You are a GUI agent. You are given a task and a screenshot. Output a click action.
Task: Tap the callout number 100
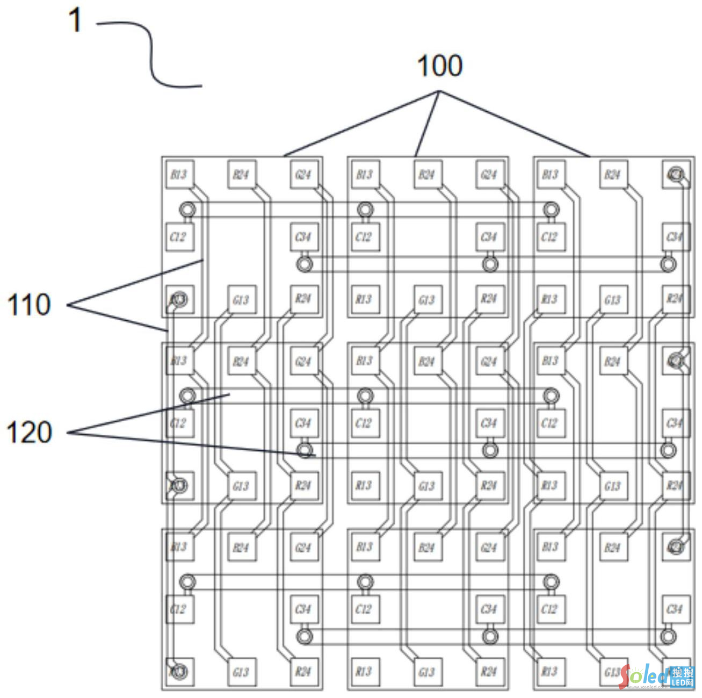tap(439, 66)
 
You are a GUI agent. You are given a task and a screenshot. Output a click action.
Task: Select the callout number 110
tap(29, 305)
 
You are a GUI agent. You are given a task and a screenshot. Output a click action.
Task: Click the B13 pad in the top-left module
tap(179, 174)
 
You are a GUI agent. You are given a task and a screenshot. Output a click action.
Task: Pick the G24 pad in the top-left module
tap(303, 174)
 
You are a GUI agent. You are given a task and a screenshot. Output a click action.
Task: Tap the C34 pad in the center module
tap(489, 423)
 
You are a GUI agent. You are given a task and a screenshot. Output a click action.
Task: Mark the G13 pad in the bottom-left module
tap(241, 672)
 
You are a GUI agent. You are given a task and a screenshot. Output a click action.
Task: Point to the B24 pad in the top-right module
tap(613, 174)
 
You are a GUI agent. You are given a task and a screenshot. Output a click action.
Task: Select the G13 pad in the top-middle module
tap(427, 299)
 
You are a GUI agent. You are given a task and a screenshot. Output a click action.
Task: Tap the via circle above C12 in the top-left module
tap(187, 209)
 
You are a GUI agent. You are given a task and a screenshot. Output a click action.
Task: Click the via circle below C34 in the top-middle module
tap(489, 264)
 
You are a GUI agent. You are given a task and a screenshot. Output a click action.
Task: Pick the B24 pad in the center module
tap(427, 361)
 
